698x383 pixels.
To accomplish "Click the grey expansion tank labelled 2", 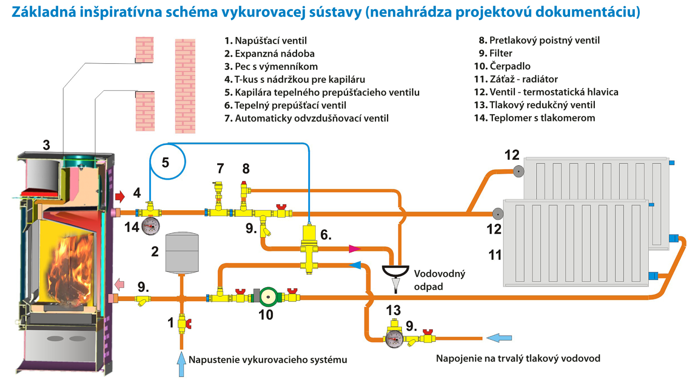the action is click(x=182, y=253).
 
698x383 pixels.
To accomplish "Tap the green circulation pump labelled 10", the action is click(x=268, y=297).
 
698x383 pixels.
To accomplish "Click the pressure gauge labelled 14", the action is click(x=150, y=226).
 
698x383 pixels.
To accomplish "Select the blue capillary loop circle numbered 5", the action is click(x=168, y=161).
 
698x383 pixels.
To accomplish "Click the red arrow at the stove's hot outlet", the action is click(x=120, y=196).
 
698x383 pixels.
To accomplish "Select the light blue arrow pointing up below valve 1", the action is click(x=181, y=364).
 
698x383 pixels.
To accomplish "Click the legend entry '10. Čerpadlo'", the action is click(x=502, y=66).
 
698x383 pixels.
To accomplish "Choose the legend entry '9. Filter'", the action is click(x=496, y=53).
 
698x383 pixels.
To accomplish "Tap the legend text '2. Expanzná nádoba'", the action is click(x=270, y=54).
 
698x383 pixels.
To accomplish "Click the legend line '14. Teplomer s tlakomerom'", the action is click(x=534, y=118).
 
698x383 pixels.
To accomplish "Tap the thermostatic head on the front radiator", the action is click(x=498, y=213).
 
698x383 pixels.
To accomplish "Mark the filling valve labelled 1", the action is click(x=183, y=323).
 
